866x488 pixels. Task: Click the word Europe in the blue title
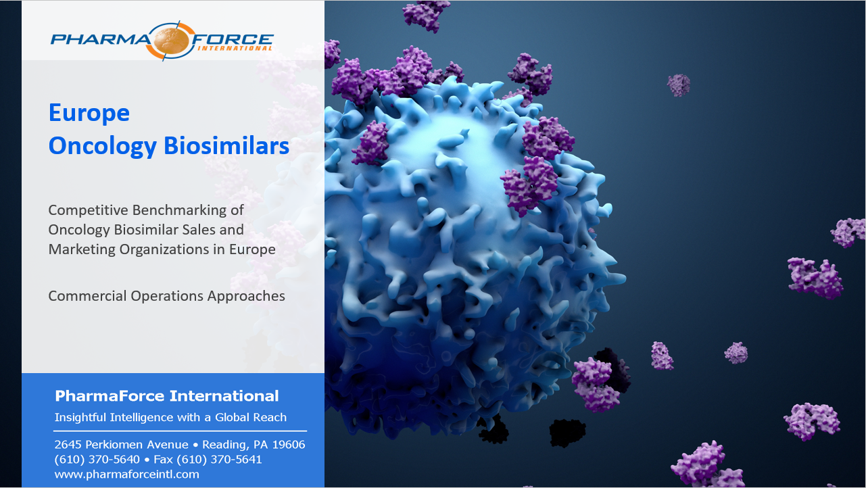(x=89, y=113)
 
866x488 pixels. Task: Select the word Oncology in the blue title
(x=103, y=147)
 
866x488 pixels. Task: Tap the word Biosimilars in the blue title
(x=226, y=146)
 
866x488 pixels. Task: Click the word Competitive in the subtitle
(x=88, y=211)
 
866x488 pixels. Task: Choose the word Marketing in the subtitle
(x=82, y=250)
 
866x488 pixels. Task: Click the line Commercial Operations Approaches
(x=166, y=296)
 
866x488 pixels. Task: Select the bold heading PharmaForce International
(x=166, y=396)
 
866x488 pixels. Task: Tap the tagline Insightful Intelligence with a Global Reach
(x=170, y=417)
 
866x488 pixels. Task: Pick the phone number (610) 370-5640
(x=97, y=460)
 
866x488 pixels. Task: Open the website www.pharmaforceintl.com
(x=127, y=474)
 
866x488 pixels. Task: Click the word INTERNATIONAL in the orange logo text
(x=235, y=48)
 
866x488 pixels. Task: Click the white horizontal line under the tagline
(x=180, y=431)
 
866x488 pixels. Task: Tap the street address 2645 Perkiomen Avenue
(x=122, y=445)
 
